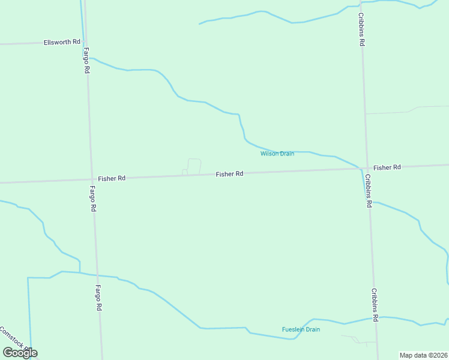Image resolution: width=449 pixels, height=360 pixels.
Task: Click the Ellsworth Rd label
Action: (62, 42)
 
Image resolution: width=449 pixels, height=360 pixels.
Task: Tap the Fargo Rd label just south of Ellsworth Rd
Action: (87, 60)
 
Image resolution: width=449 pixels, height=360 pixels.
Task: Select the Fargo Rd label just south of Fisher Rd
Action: (93, 199)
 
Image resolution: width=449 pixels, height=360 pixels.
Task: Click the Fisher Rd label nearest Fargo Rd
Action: (112, 178)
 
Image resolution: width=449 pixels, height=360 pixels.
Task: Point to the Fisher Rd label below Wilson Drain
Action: (230, 174)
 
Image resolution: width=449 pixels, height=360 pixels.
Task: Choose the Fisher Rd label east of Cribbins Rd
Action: (387, 167)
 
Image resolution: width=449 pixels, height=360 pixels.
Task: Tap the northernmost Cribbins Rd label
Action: (362, 30)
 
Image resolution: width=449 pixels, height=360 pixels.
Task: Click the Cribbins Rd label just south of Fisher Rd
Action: (368, 191)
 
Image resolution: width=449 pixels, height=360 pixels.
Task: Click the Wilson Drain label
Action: (277, 154)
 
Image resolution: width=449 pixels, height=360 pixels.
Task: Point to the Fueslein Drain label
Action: (301, 329)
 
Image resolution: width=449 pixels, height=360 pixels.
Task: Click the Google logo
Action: (20, 353)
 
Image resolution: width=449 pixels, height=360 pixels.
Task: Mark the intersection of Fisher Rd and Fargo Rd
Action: (91, 179)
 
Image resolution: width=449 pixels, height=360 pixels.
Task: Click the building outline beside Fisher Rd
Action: (193, 166)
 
